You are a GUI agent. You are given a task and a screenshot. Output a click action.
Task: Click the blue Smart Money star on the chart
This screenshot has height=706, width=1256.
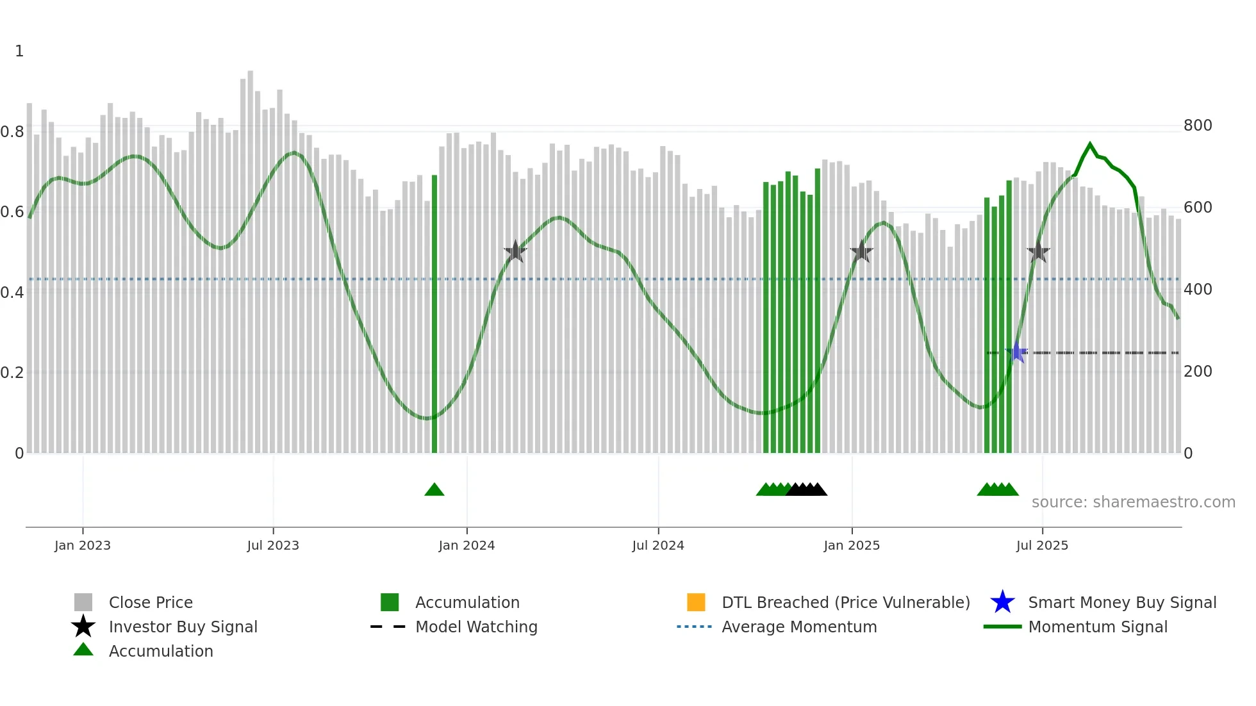click(x=1016, y=352)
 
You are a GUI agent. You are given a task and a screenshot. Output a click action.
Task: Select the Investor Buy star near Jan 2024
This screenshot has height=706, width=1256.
click(x=515, y=251)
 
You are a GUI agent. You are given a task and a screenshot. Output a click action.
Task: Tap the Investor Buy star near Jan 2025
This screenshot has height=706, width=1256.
click(x=862, y=251)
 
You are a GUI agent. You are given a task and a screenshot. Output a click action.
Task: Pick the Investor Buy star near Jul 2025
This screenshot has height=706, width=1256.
click(x=1038, y=252)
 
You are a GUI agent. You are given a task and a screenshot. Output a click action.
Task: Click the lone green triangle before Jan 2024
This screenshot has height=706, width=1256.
click(x=434, y=490)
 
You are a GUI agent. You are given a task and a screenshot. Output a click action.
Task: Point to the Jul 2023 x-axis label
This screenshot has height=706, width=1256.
click(x=273, y=545)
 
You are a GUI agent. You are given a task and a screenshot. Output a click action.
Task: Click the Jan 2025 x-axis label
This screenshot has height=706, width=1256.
click(x=852, y=545)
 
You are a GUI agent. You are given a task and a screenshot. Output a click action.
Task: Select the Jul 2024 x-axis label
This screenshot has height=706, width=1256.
click(x=658, y=545)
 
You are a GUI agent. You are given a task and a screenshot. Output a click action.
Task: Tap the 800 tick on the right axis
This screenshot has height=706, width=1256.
click(x=1198, y=126)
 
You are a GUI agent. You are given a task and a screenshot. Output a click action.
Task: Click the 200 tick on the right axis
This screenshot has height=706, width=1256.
click(x=1198, y=372)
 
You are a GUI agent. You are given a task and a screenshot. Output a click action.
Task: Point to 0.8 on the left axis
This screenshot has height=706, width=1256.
click(x=13, y=132)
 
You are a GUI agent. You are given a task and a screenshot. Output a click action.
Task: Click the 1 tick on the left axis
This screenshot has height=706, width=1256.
click(x=19, y=51)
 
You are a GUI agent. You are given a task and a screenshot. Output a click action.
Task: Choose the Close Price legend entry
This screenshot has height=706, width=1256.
click(x=151, y=602)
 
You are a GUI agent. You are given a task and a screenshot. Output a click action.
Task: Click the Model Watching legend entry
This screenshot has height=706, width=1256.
click(x=476, y=627)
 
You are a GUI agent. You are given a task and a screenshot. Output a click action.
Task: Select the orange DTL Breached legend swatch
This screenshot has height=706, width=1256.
click(x=696, y=602)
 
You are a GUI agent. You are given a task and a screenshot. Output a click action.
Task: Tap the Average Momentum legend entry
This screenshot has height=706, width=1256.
click(x=799, y=627)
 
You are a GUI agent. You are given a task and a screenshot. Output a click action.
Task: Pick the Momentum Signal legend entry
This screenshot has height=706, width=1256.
click(x=1098, y=627)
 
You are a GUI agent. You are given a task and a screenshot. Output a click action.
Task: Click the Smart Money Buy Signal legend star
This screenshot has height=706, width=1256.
click(x=1002, y=602)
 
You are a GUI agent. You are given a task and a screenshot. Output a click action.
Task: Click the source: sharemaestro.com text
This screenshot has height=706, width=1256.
click(x=1134, y=502)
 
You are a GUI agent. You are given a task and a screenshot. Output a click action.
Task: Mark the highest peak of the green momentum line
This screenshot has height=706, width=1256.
click(x=1090, y=144)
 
